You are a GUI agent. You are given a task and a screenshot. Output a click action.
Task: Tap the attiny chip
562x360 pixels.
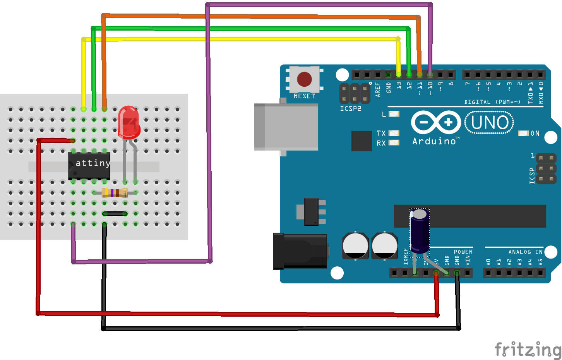[x=89, y=166]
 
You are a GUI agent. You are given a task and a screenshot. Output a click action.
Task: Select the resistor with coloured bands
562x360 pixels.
[x=115, y=193]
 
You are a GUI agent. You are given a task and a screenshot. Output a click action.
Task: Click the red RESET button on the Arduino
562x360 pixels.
[x=304, y=79]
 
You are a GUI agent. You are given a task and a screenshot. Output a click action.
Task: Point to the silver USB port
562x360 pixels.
[x=286, y=127]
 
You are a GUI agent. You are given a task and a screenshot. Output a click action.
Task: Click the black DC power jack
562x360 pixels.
[x=300, y=251]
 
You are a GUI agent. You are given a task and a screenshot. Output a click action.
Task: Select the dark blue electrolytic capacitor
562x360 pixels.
[x=420, y=231]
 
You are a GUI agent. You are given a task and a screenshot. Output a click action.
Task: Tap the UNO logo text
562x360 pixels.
[x=489, y=123]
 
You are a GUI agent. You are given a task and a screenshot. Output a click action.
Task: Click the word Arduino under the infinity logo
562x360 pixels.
[x=434, y=141]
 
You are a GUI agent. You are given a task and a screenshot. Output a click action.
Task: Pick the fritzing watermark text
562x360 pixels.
[x=528, y=349]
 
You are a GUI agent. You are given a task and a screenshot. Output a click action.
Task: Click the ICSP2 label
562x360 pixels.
[x=350, y=109]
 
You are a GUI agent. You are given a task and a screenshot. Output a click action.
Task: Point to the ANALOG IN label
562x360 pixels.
[x=525, y=252]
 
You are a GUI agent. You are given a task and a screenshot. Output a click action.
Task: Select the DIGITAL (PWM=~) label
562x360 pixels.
[x=492, y=102]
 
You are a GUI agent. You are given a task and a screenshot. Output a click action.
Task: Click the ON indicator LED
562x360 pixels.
[x=523, y=133]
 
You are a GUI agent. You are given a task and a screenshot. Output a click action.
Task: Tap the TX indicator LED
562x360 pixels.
[x=394, y=133]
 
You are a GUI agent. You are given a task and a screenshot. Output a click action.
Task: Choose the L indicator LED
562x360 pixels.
[x=394, y=114]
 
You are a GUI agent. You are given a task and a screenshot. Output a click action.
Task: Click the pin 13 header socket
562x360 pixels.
[x=398, y=74]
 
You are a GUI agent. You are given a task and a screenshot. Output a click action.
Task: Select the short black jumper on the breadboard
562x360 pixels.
[x=115, y=214]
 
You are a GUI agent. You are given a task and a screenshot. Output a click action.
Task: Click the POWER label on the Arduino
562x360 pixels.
[x=463, y=252]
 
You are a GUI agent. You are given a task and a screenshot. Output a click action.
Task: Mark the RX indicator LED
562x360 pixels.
[x=394, y=143]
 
